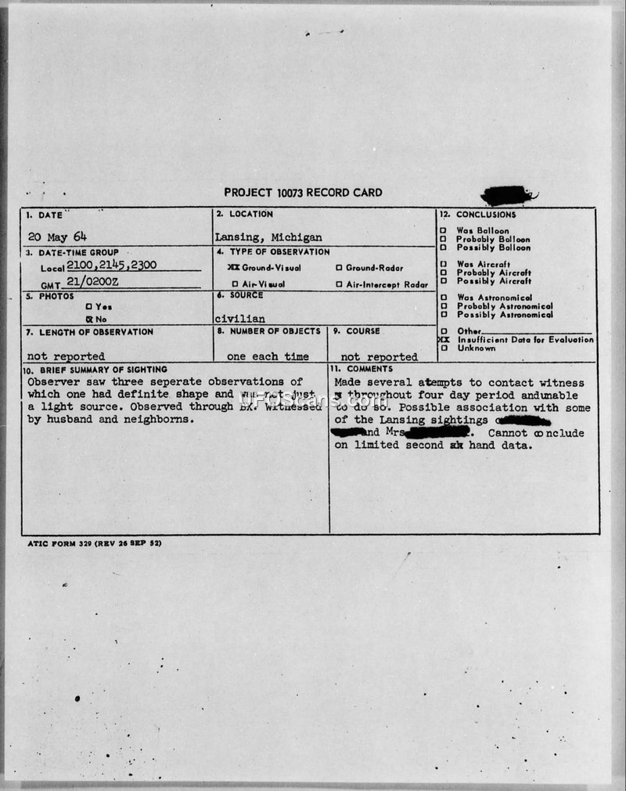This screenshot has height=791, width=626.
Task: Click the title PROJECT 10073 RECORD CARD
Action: click(x=303, y=193)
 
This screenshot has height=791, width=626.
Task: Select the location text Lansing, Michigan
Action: click(x=268, y=237)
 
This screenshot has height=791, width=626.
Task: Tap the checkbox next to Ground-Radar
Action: click(x=338, y=268)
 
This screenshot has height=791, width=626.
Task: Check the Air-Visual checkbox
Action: click(x=234, y=284)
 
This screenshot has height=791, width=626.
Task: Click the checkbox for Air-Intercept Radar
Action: click(x=338, y=284)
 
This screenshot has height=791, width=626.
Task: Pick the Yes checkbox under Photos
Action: click(x=88, y=307)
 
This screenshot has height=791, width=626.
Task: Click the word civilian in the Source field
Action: click(x=239, y=320)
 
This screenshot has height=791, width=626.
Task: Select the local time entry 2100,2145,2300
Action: click(x=112, y=265)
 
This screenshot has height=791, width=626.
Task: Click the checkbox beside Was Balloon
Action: click(x=443, y=231)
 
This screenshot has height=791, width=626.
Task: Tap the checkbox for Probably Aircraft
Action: click(x=443, y=273)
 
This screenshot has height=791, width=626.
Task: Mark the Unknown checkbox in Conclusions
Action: click(x=443, y=349)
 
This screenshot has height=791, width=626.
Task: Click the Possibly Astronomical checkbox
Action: click(x=443, y=315)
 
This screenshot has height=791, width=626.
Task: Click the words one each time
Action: click(x=268, y=356)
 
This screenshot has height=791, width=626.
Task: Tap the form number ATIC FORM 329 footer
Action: click(x=93, y=543)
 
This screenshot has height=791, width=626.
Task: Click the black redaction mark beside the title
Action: click(x=508, y=194)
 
